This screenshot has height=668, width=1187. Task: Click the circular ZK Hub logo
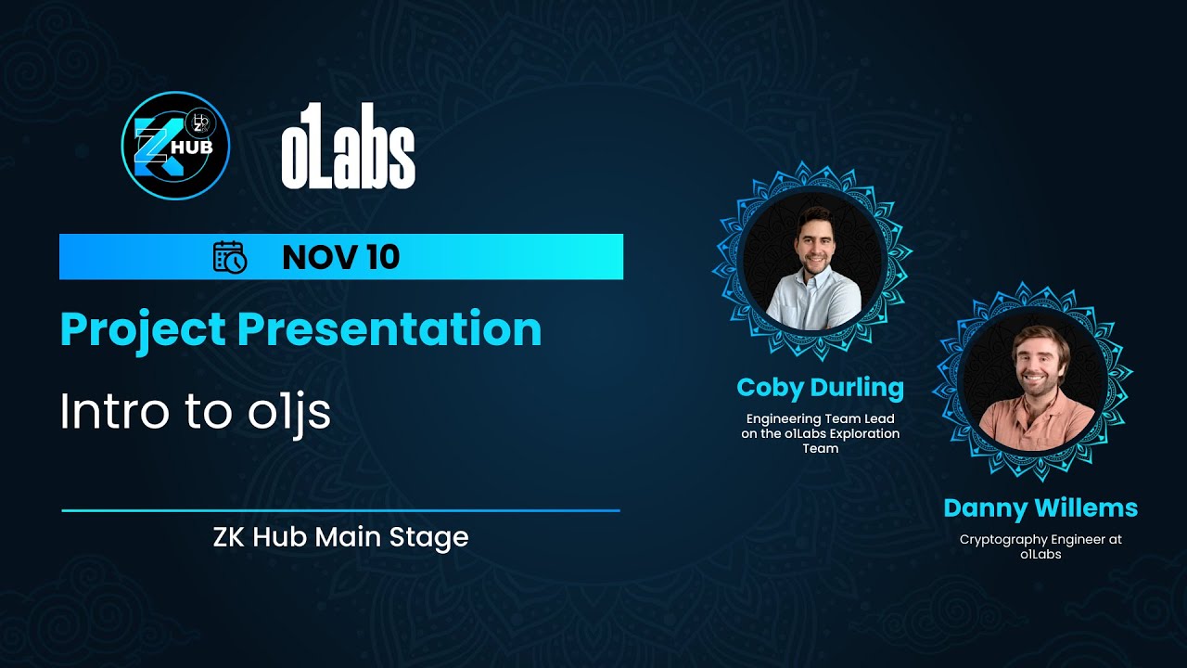(175, 146)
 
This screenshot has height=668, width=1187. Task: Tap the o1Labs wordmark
(348, 147)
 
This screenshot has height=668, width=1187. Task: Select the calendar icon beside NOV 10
(229, 257)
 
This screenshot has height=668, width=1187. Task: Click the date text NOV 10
(340, 257)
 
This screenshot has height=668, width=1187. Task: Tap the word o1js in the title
(289, 413)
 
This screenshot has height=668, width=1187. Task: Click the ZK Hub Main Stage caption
(340, 537)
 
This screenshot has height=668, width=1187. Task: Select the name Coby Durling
(820, 387)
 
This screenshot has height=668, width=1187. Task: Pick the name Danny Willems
(1040, 508)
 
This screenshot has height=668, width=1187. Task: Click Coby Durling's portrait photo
(813, 262)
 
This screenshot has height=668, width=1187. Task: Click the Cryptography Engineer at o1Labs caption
(1040, 546)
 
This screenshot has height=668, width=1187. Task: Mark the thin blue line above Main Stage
(340, 510)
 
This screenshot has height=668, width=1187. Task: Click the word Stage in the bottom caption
(435, 537)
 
